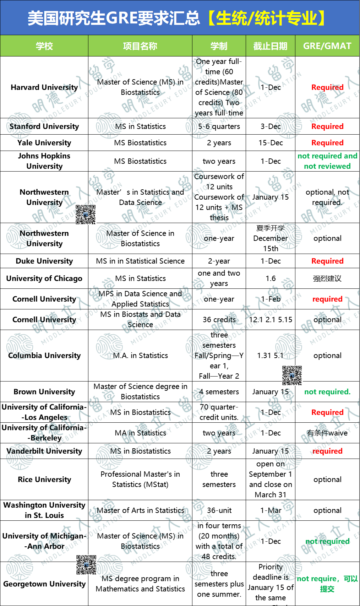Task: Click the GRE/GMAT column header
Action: point(327,46)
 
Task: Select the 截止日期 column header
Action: point(270,46)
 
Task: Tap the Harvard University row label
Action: point(44,87)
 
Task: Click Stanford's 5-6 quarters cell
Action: point(219,126)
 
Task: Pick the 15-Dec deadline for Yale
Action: point(271,143)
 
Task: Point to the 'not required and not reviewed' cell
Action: point(327,161)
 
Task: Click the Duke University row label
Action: point(44,261)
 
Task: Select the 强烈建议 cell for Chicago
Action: point(327,278)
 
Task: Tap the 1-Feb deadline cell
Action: point(271,299)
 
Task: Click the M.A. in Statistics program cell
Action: point(140,356)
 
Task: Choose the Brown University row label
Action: point(44,392)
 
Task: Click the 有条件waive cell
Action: point(327,433)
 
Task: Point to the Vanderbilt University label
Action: point(44,451)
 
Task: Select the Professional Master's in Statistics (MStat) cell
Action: point(140,479)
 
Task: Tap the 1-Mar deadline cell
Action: point(271,510)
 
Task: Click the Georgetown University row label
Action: point(44,584)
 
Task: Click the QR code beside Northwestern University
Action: point(86,215)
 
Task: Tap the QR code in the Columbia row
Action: point(292,375)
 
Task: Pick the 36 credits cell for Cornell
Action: point(219,320)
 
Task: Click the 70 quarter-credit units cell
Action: point(219,412)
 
